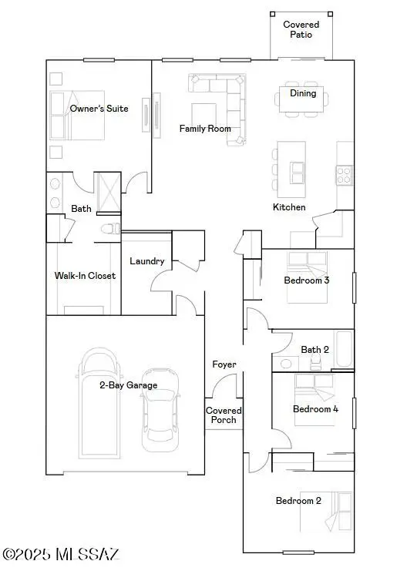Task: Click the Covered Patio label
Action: [301, 29]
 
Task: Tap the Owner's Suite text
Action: [99, 109]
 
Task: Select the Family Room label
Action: [205, 129]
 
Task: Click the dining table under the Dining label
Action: [302, 99]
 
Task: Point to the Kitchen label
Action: [289, 207]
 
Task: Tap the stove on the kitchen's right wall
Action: [344, 175]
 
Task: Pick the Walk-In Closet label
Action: [85, 275]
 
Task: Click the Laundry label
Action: [146, 261]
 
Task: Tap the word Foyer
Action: [224, 364]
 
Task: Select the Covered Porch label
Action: [224, 415]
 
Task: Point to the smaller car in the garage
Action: [160, 409]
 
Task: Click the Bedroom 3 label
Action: [307, 280]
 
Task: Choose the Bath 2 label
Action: [314, 349]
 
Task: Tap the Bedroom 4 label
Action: [315, 409]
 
